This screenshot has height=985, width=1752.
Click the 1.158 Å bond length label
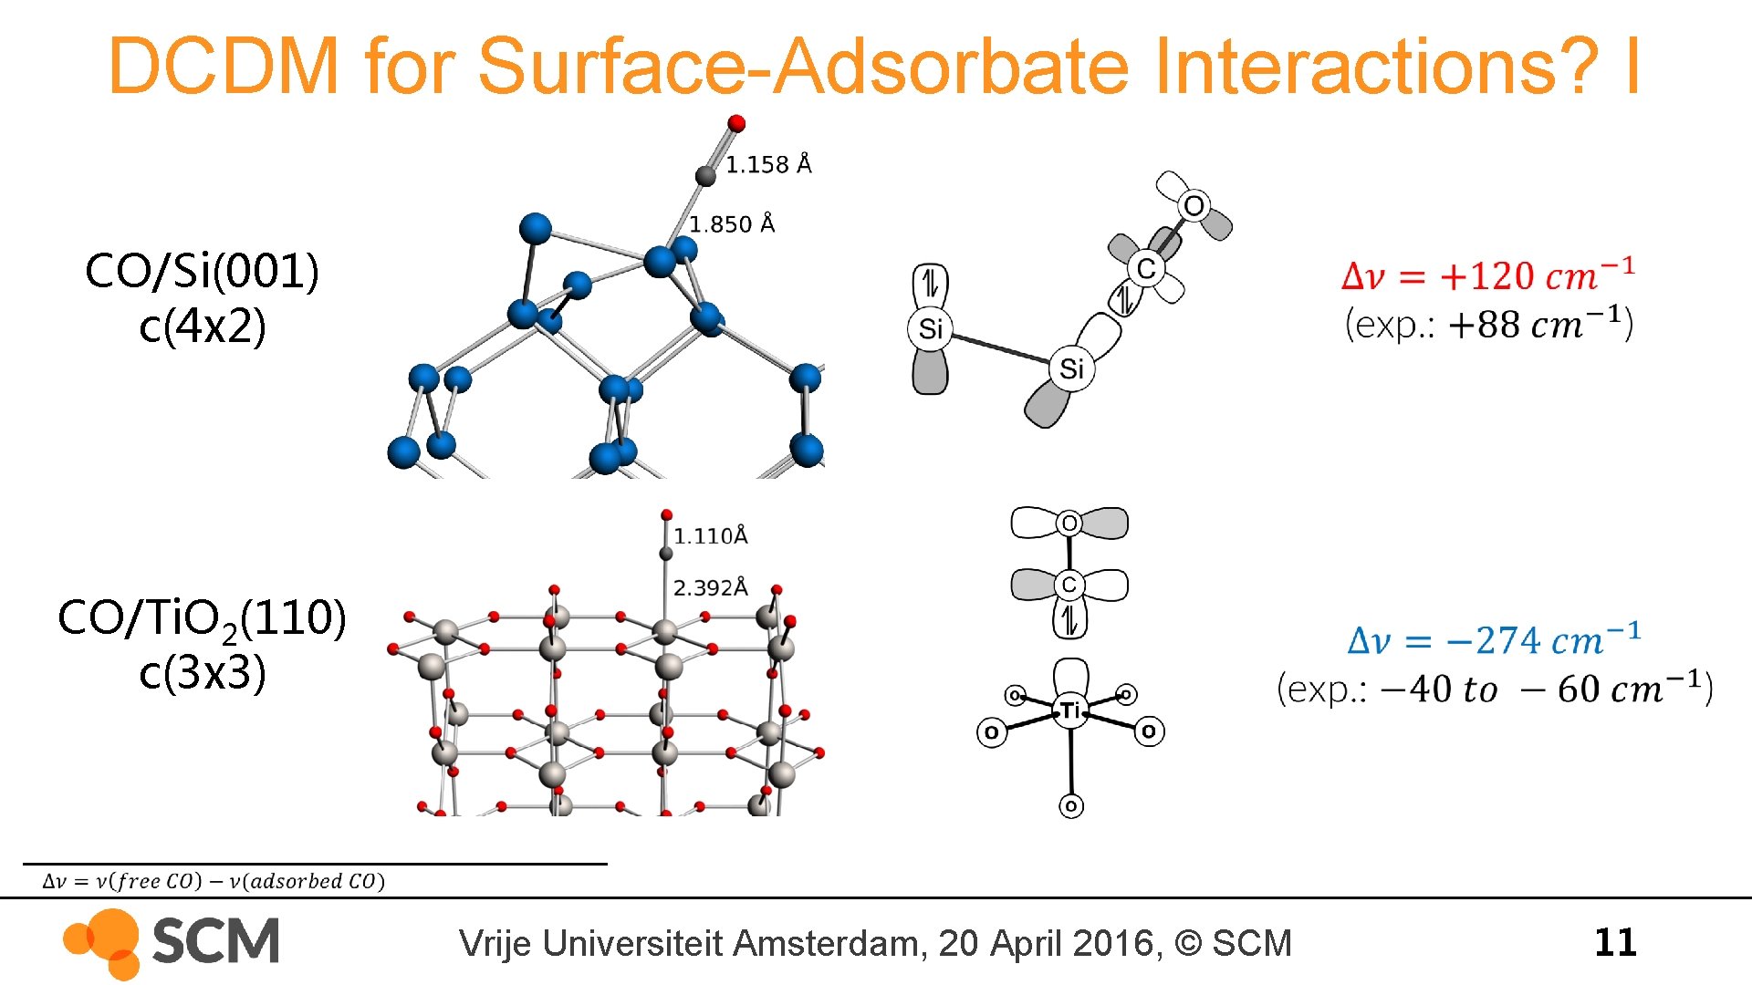point(768,164)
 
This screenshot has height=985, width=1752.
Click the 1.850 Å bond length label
point(732,224)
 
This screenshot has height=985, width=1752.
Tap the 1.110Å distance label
point(711,536)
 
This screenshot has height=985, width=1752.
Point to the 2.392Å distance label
point(711,588)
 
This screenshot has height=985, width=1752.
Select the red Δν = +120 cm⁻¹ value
point(1487,275)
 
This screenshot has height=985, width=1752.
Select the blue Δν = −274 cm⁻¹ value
point(1494,640)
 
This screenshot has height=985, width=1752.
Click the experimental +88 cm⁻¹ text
point(1489,325)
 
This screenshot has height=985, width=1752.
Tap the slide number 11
point(1615,942)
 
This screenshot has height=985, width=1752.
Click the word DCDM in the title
point(224,66)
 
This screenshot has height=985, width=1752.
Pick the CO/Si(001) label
point(202,271)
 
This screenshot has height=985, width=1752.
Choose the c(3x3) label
point(203,673)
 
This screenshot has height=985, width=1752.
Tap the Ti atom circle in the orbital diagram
point(1070,710)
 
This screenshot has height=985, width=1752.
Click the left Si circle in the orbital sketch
point(930,328)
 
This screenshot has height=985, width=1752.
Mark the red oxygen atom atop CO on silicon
point(736,123)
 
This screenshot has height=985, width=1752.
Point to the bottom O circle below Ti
point(1071,806)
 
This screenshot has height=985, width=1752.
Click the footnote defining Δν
point(214,881)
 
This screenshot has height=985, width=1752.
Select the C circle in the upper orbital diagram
point(1146,268)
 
